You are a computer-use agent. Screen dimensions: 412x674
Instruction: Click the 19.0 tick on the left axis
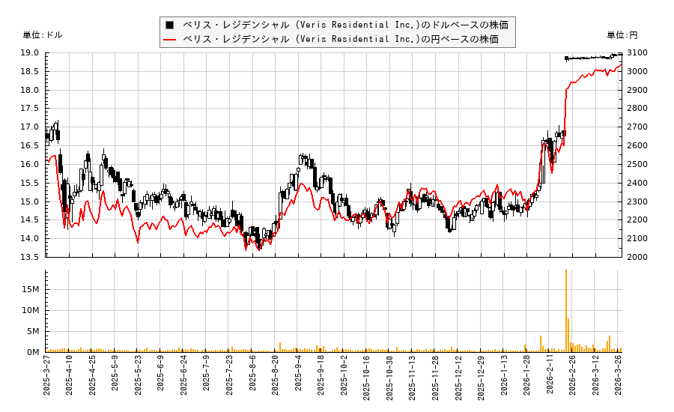[31, 53]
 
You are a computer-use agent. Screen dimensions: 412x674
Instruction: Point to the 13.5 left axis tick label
[31, 257]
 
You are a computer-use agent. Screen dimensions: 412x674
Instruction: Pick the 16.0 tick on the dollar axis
[31, 165]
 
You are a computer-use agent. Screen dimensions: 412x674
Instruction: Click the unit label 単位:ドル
[43, 34]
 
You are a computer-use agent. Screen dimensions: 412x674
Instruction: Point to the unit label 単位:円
[622, 34]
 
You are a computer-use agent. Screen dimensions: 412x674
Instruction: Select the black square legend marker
[170, 25]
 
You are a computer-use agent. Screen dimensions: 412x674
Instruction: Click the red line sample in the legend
[170, 39]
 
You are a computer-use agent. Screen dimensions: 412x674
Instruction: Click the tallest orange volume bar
[565, 311]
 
